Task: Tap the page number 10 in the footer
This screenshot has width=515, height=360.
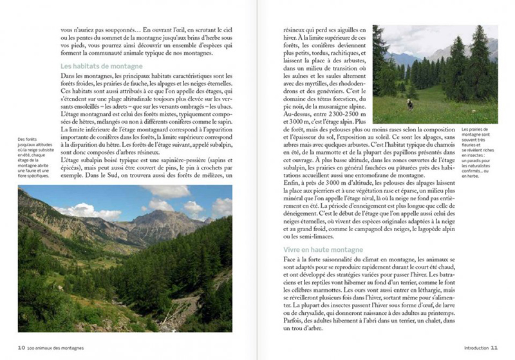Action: pyautogui.click(x=21, y=347)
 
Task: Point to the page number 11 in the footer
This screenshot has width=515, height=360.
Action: pyautogui.click(x=494, y=347)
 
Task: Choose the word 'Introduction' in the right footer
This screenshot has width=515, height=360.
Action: pyautogui.click(x=475, y=347)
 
